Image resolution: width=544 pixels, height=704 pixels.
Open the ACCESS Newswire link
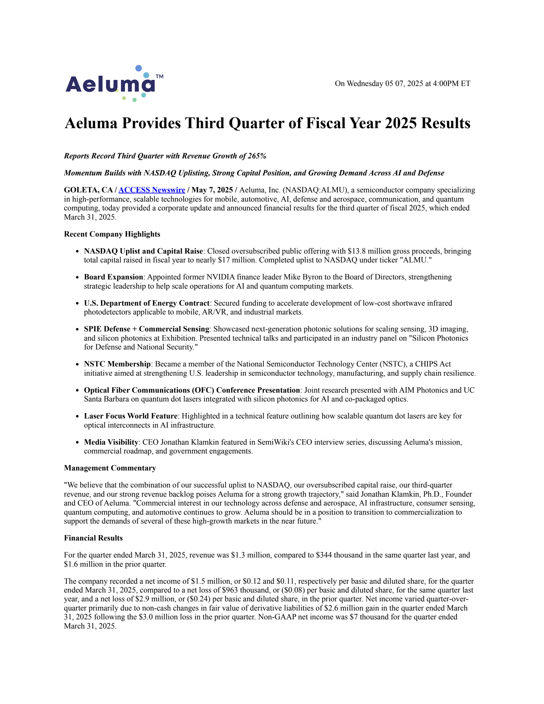152,190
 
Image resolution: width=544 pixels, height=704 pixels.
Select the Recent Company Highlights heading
112,234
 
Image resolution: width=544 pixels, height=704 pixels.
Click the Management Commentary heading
110,468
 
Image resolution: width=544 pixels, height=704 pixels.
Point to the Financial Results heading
93,538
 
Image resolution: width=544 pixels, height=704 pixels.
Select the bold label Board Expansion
114,277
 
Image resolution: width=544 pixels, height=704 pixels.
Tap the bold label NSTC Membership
117,364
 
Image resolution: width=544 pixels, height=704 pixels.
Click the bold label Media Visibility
111,442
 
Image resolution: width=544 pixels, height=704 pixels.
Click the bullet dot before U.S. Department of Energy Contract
78,304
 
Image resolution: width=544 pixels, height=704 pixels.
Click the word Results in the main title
446,123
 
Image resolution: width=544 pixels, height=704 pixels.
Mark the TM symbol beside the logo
159,76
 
